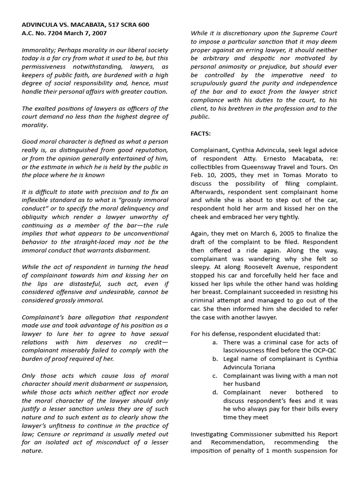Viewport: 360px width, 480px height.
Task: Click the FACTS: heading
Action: (201, 133)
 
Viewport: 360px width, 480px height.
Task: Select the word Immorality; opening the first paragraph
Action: (39, 50)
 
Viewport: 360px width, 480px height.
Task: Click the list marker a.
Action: (214, 342)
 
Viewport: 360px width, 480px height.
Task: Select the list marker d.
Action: (215, 392)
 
